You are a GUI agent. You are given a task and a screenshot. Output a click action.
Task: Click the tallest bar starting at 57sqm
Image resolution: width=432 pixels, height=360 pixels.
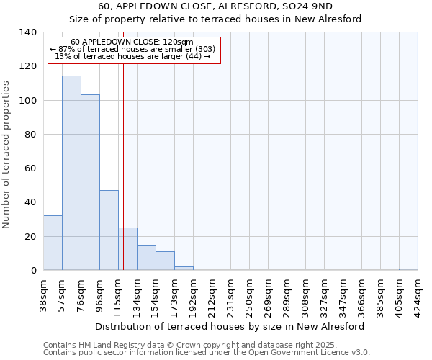pos(71,173)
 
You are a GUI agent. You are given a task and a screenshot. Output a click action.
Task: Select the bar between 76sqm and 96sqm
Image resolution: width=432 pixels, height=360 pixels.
pos(90,182)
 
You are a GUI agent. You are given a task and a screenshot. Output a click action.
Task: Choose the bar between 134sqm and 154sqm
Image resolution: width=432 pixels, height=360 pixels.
pos(146,258)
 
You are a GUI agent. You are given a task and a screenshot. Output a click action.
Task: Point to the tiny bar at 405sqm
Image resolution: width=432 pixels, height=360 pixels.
pos(408,269)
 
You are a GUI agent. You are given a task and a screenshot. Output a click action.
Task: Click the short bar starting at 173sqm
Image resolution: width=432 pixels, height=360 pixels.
pos(184,268)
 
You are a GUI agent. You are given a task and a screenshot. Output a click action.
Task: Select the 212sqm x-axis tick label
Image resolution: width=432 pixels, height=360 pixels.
pos(212,294)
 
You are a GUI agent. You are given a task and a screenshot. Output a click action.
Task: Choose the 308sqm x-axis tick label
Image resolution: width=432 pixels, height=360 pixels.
pos(305,294)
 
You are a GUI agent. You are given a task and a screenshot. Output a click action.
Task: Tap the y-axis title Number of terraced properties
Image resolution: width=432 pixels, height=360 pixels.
pos(7,155)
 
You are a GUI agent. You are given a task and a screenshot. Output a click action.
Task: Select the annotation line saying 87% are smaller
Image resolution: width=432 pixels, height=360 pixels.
pos(132,49)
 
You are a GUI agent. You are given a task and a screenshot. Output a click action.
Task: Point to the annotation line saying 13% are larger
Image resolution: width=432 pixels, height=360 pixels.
pos(132,56)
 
